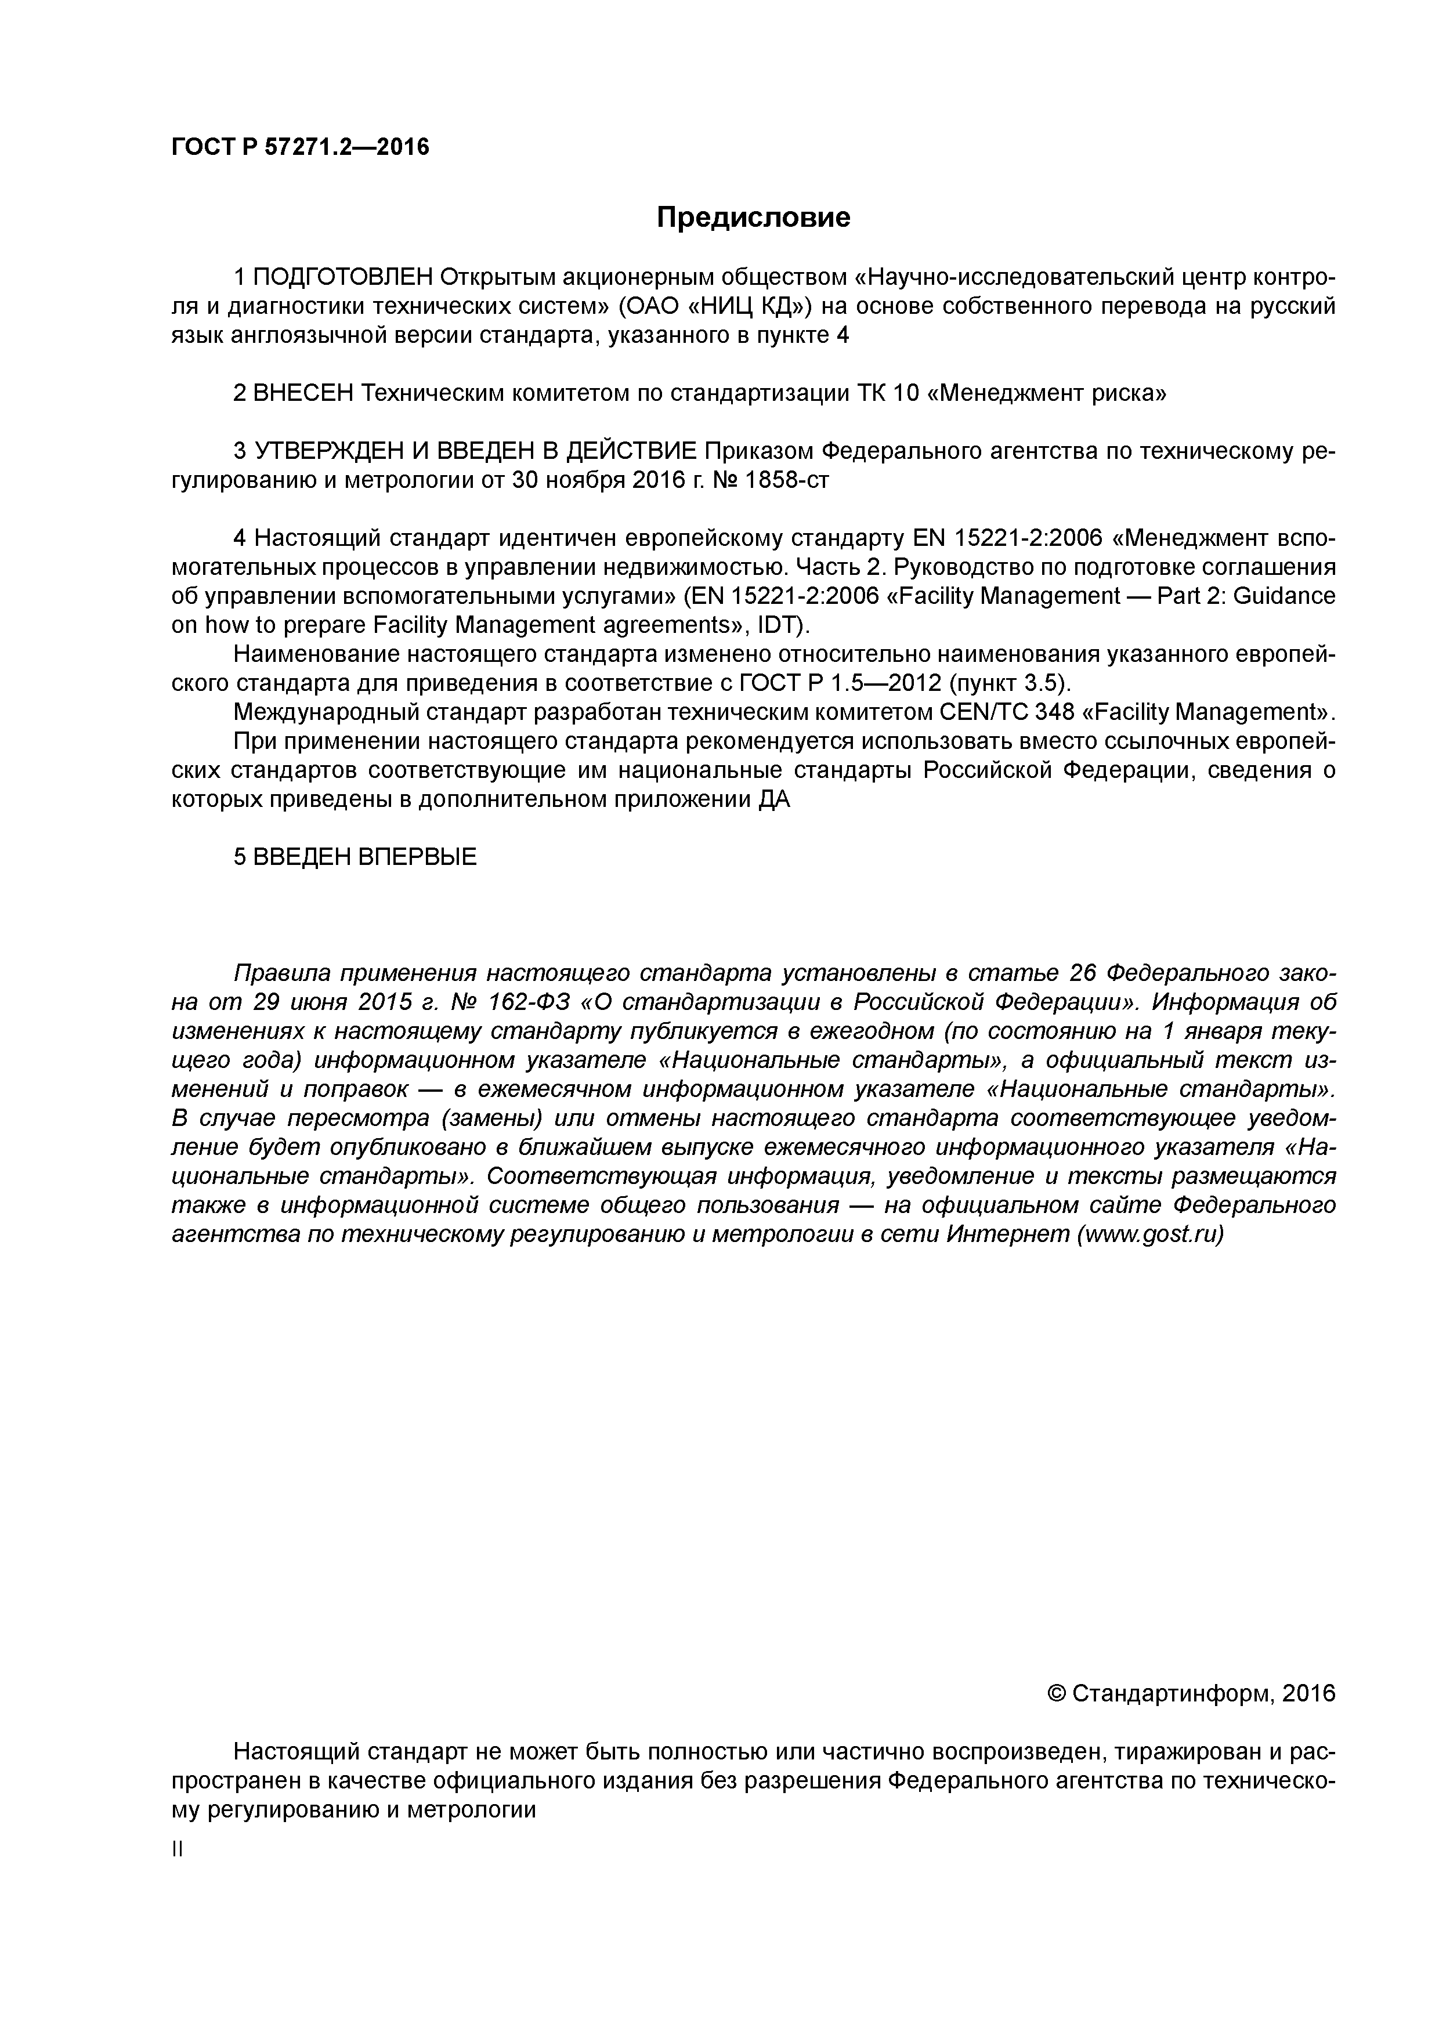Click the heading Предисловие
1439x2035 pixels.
tap(753, 217)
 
